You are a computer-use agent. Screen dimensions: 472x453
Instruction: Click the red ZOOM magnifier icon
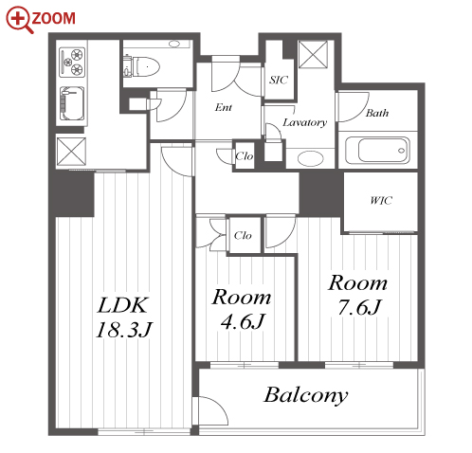[20, 20]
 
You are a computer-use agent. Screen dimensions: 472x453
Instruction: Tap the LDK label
[122, 305]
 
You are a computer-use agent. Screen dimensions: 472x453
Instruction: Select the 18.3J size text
[124, 330]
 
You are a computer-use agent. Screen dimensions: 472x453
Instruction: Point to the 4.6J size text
[243, 321]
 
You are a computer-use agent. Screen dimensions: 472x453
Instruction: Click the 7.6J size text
[359, 307]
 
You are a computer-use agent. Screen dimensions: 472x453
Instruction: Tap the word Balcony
[306, 395]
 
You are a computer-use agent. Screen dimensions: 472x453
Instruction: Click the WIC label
[381, 200]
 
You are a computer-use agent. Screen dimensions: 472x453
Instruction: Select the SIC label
[279, 80]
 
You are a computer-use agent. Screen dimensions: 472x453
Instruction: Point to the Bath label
[377, 113]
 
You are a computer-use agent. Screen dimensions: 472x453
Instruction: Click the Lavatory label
[304, 122]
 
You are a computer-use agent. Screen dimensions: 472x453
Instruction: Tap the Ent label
[224, 107]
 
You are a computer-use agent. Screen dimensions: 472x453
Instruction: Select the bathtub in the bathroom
[377, 151]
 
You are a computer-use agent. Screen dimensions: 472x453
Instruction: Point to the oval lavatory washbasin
[310, 158]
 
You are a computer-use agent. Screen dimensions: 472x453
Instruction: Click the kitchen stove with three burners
[72, 62]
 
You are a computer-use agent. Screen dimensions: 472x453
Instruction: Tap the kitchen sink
[72, 103]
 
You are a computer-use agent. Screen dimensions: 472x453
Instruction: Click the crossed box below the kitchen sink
[71, 152]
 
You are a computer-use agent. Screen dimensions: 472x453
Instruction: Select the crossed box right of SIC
[314, 54]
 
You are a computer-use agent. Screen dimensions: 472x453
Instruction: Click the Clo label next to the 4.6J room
[243, 235]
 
